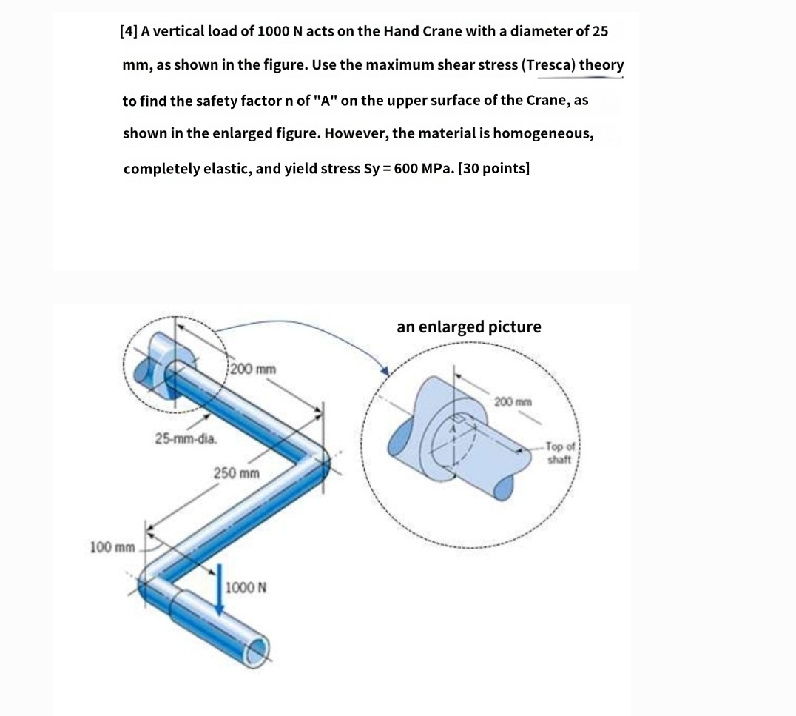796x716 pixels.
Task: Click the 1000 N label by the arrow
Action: (x=246, y=588)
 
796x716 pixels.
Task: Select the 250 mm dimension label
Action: (x=237, y=472)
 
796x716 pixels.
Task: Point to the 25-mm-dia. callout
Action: (x=186, y=439)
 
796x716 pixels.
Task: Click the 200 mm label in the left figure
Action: (x=254, y=368)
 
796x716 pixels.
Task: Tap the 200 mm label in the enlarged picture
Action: (x=513, y=402)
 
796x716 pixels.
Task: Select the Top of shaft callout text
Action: (x=559, y=453)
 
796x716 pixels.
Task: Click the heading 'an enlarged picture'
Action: (x=469, y=327)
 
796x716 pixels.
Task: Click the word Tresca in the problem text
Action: (x=549, y=65)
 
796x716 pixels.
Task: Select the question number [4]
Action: (x=128, y=31)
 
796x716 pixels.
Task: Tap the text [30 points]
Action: (x=493, y=168)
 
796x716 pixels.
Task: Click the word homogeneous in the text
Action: (x=542, y=134)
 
